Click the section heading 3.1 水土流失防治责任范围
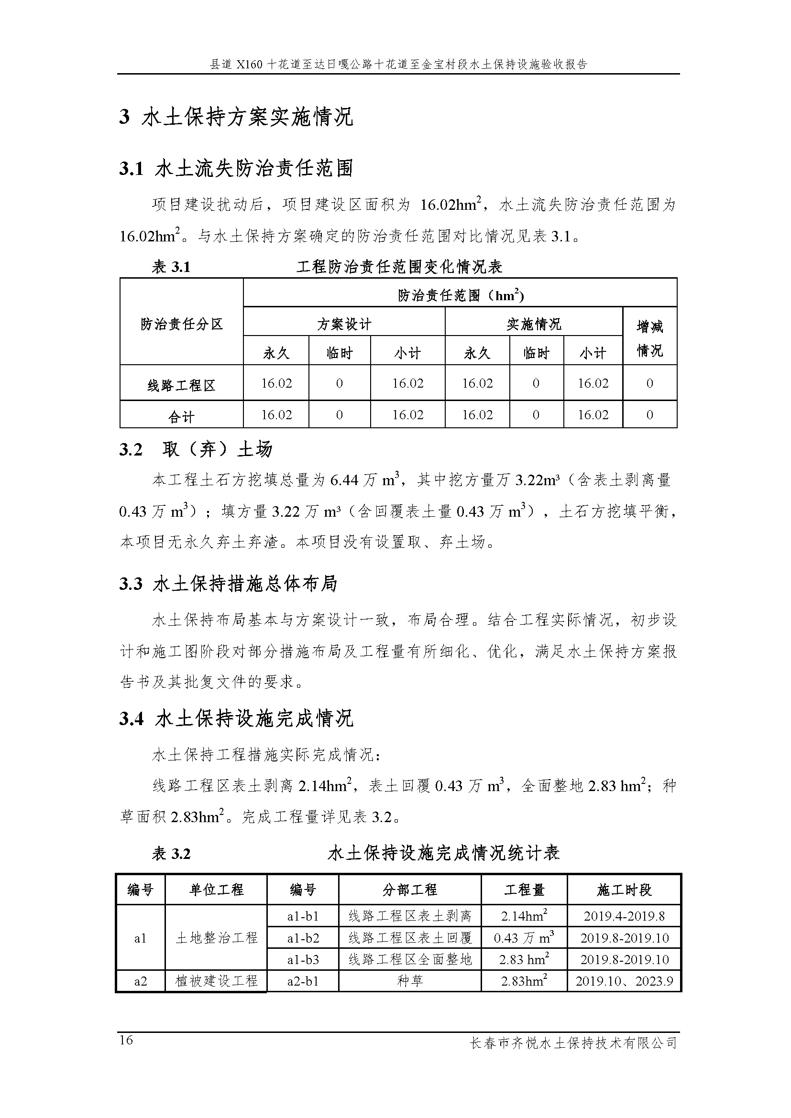[236, 168]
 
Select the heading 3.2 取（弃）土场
[195, 449]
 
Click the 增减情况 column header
[649, 338]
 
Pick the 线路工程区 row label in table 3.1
[181, 386]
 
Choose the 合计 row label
[181, 417]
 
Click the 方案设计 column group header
[344, 324]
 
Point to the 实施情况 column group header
[533, 324]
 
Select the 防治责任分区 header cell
[181, 324]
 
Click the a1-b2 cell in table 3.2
[302, 938]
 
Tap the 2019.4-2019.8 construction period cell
[624, 916]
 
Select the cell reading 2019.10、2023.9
[624, 981]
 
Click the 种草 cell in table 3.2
[410, 981]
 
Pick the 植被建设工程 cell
[216, 981]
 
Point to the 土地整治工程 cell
[216, 937]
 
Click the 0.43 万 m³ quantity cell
[524, 938]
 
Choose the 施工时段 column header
[624, 890]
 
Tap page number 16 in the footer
[126, 1040]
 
